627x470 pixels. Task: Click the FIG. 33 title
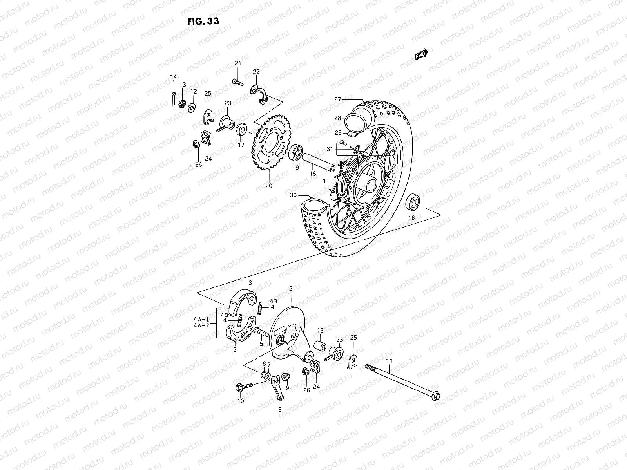tap(203, 21)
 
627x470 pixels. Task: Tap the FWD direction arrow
tap(422, 55)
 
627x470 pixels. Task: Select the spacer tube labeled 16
tap(319, 162)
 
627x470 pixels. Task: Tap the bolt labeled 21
tap(237, 81)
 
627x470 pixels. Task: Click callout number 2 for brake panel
tap(291, 289)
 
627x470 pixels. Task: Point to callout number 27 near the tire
tap(338, 99)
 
